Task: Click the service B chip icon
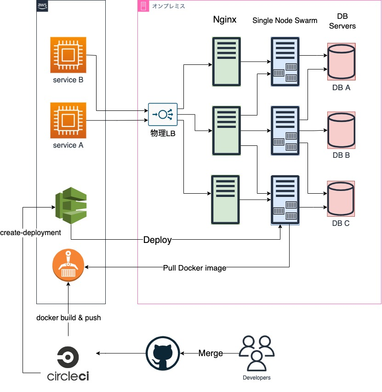tap(68, 55)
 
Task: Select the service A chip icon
tap(68, 120)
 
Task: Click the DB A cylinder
tap(341, 61)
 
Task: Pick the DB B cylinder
tap(341, 130)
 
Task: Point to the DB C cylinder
tap(341, 199)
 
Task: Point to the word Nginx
tap(225, 20)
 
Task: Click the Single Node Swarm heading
tap(285, 21)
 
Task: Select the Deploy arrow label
tap(158, 240)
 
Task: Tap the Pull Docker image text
tap(195, 268)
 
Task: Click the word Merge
tap(211, 353)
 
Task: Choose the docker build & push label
tap(68, 317)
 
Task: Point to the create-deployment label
tap(31, 233)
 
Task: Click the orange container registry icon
tap(68, 265)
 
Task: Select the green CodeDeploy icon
tap(70, 205)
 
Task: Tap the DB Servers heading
tap(342, 21)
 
